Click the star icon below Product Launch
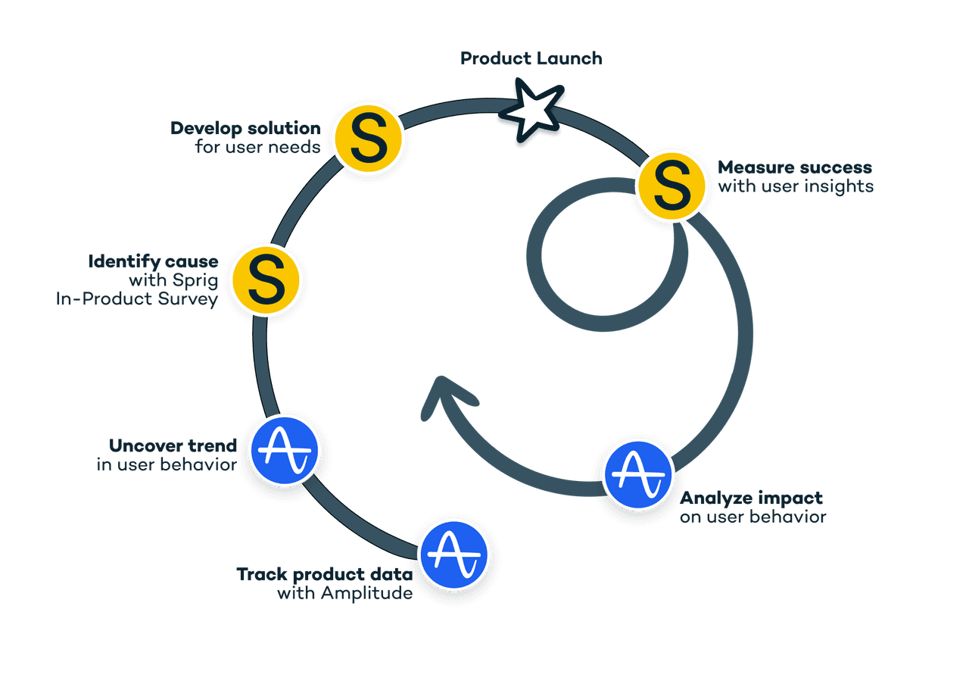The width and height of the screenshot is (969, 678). click(x=531, y=110)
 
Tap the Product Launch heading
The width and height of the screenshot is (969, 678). click(x=531, y=58)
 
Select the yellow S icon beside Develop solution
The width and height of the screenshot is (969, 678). click(x=369, y=139)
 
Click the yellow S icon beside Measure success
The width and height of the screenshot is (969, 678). click(x=671, y=186)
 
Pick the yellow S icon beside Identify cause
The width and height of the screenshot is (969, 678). click(x=266, y=280)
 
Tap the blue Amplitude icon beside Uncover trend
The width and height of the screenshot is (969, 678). click(x=285, y=451)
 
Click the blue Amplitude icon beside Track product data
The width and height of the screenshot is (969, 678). click(x=454, y=555)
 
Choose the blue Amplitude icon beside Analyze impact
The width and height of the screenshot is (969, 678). click(x=638, y=475)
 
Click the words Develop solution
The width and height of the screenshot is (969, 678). click(x=246, y=128)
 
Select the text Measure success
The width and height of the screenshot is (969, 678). click(x=795, y=167)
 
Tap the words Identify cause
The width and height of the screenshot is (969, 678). click(x=153, y=261)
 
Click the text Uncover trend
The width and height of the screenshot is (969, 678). click(x=173, y=445)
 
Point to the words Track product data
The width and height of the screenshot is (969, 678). click(x=325, y=574)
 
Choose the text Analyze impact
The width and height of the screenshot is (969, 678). click(x=752, y=498)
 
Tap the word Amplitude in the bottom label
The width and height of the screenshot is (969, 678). click(x=367, y=593)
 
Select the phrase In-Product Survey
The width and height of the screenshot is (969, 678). click(x=137, y=299)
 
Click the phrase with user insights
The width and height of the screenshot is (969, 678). click(x=796, y=186)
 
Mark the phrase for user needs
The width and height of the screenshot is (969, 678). click(x=258, y=147)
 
